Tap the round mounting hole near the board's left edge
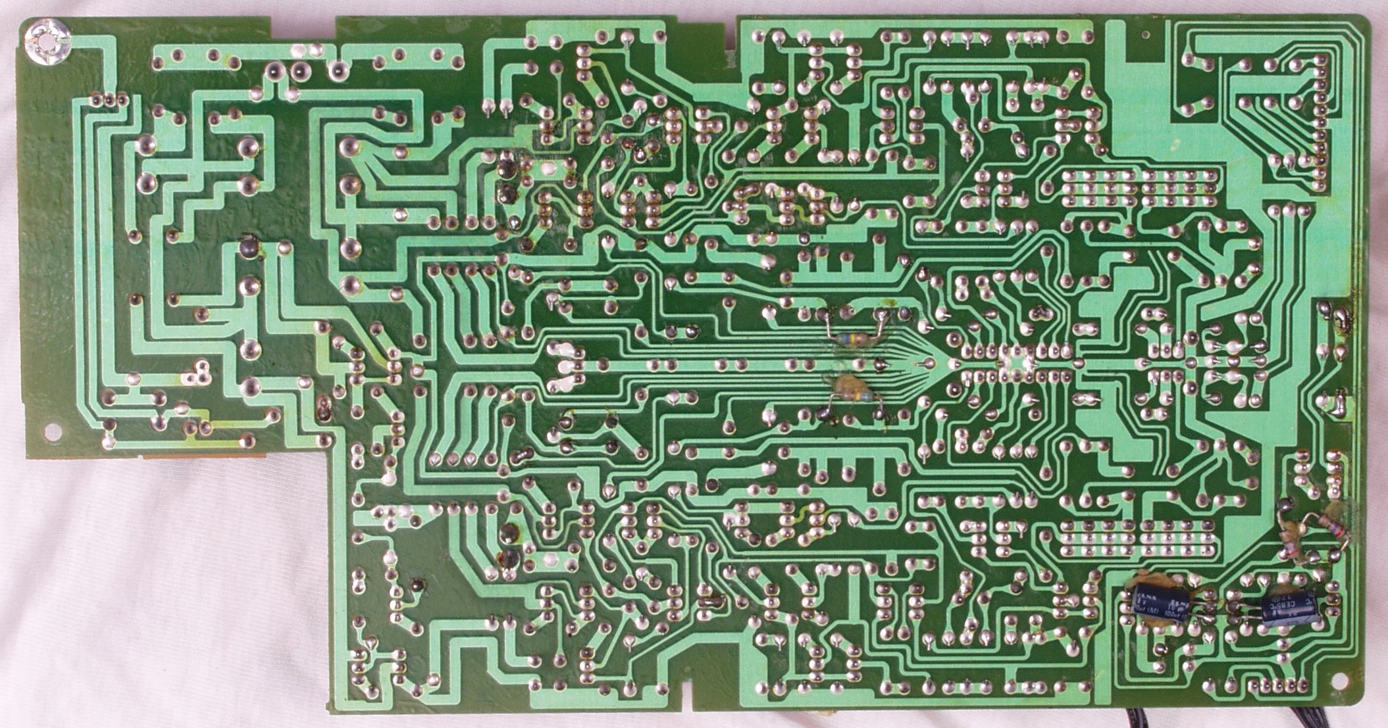[x=51, y=433]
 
